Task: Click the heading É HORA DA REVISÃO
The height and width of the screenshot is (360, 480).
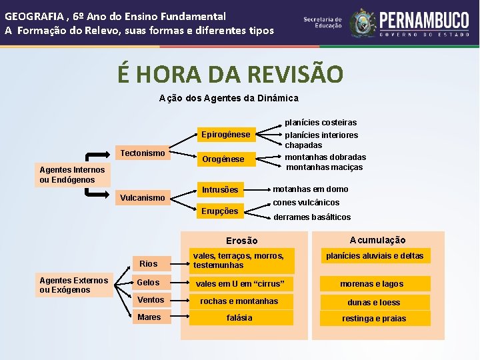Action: [231, 74]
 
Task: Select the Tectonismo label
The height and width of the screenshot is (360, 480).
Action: [142, 153]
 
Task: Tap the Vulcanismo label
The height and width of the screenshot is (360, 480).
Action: [141, 198]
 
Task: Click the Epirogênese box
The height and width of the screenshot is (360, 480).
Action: [225, 135]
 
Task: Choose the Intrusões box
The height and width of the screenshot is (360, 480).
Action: [220, 190]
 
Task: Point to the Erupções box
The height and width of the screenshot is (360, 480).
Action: [220, 211]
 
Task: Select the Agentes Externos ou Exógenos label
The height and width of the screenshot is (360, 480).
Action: [73, 285]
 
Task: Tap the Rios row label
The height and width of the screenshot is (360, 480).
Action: [148, 264]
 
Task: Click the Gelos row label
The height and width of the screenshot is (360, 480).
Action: [148, 283]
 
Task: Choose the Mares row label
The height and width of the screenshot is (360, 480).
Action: [149, 317]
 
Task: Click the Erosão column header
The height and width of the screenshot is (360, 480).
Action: [241, 241]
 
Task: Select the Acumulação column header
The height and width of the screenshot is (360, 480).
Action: [377, 240]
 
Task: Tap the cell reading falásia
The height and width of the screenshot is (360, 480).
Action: [239, 318]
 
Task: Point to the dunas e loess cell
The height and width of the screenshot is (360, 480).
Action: [373, 302]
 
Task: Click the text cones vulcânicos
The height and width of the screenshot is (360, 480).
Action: [306, 203]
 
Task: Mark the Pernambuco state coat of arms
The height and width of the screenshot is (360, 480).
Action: [363, 22]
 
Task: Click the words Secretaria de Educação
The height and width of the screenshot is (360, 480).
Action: [323, 23]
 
